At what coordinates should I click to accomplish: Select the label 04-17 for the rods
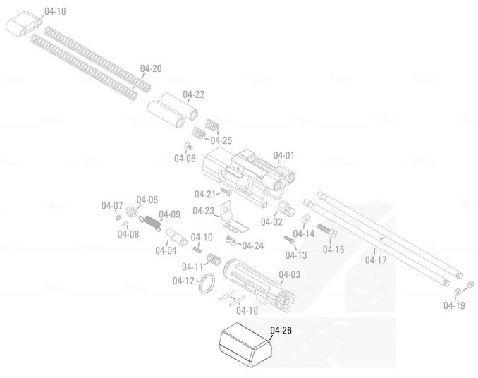pyautogui.click(x=376, y=260)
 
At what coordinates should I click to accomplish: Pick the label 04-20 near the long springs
pyautogui.click(x=151, y=68)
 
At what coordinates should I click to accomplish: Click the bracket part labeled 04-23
pyautogui.click(x=231, y=217)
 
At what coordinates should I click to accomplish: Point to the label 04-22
pyautogui.click(x=194, y=94)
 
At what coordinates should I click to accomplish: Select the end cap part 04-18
pyautogui.click(x=23, y=28)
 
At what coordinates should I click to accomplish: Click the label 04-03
pyautogui.click(x=290, y=274)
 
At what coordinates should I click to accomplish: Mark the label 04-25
pyautogui.click(x=221, y=140)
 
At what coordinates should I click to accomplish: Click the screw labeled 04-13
pyautogui.click(x=288, y=239)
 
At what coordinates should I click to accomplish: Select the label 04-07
pyautogui.click(x=111, y=206)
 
